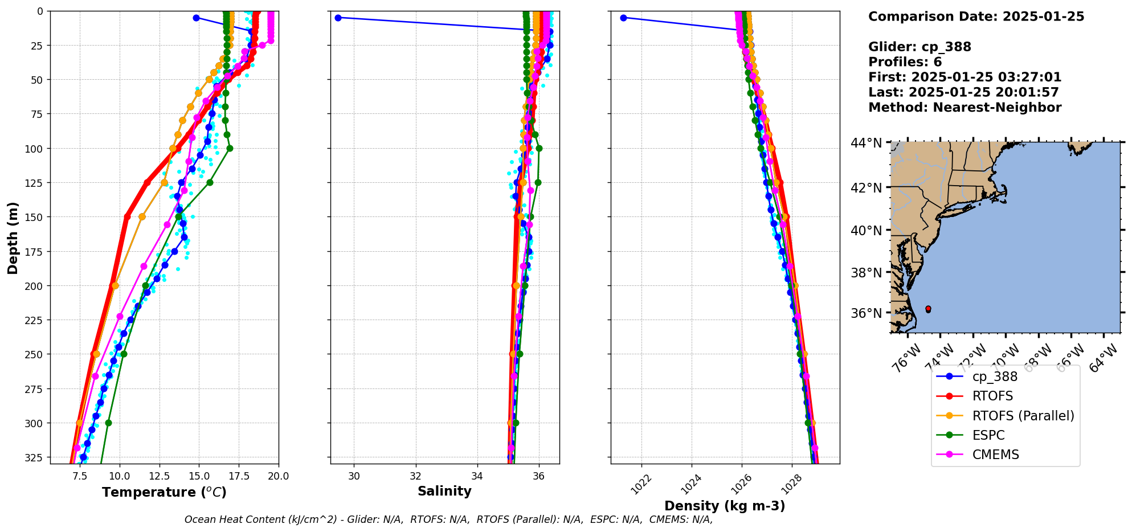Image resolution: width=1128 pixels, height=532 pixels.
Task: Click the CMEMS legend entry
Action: pyautogui.click(x=995, y=455)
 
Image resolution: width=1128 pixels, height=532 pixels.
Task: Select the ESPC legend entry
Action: pyautogui.click(x=988, y=435)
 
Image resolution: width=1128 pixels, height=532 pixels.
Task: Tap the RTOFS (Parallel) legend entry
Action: pyautogui.click(x=1023, y=416)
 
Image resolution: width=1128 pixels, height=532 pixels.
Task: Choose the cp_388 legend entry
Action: pyautogui.click(x=995, y=377)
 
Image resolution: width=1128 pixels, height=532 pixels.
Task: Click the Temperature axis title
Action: pyautogui.click(x=164, y=492)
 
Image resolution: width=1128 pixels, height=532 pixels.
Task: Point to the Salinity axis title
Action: pyautogui.click(x=444, y=491)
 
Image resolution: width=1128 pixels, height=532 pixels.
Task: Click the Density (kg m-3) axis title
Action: pyautogui.click(x=725, y=506)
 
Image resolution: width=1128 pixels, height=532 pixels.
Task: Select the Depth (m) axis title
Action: pyautogui.click(x=13, y=238)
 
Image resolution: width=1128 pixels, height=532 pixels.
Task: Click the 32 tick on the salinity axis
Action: pyautogui.click(x=416, y=476)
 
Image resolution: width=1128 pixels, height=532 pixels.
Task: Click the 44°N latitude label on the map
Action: pyautogui.click(x=866, y=142)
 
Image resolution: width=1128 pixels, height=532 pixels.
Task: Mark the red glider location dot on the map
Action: pyautogui.click(x=928, y=309)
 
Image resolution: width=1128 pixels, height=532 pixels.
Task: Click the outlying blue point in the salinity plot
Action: pyautogui.click(x=338, y=18)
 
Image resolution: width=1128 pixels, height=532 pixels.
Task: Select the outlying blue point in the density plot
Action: pyautogui.click(x=623, y=18)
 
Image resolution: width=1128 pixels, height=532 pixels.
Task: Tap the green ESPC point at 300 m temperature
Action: pyautogui.click(x=108, y=423)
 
